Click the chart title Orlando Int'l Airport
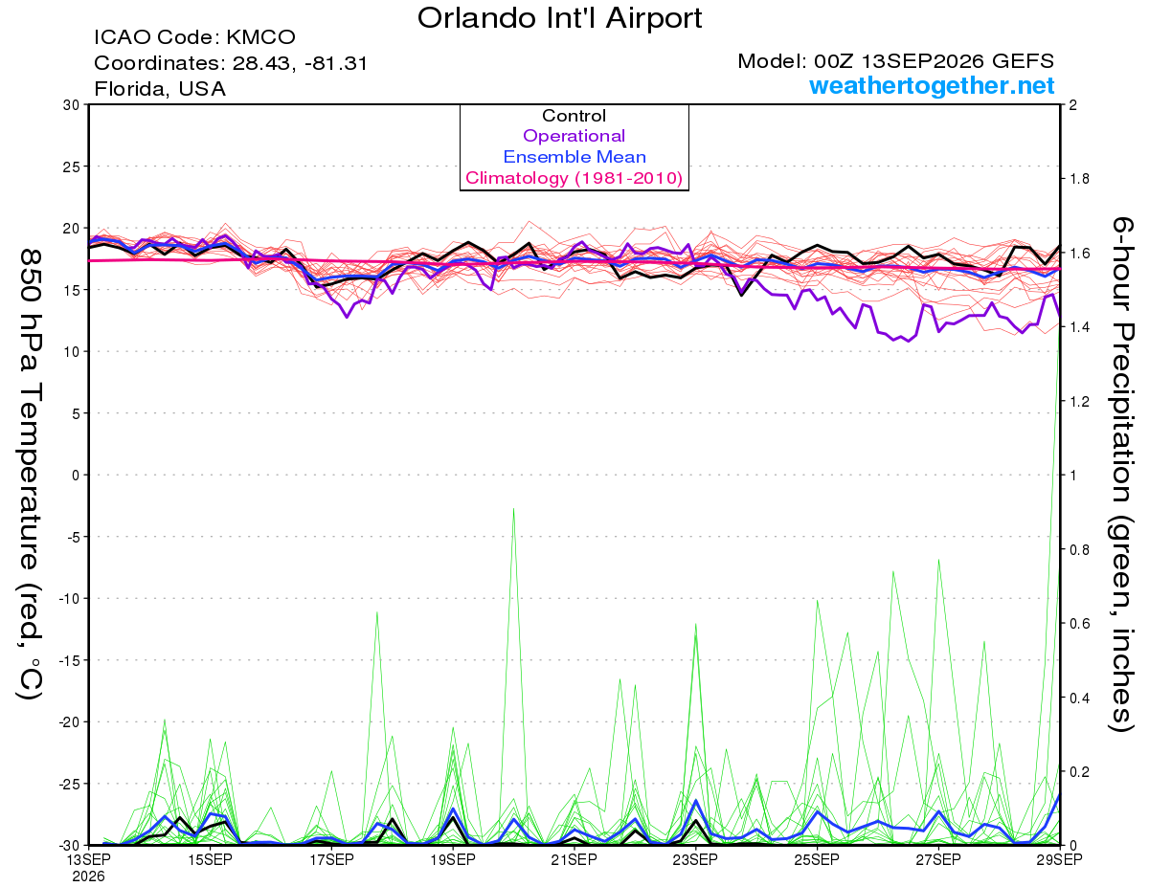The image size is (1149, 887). pos(559,18)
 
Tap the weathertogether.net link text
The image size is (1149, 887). pos(932,85)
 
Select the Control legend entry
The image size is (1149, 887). pos(574,116)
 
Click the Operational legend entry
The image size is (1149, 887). pos(574,136)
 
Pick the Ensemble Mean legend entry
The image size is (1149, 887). pos(574,157)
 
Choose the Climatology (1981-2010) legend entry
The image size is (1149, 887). pos(574,178)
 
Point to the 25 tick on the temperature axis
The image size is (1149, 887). pos(72,166)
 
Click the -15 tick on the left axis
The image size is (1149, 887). pos(69,660)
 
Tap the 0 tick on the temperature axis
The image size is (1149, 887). pos(76,475)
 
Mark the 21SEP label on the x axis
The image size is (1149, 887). pos(574,859)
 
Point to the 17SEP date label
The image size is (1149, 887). pos(331,859)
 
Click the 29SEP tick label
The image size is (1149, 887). pos(1059,859)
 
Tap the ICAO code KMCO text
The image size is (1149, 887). pos(194,37)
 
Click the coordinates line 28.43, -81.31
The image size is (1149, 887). pos(231,63)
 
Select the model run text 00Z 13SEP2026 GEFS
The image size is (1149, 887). pos(895,61)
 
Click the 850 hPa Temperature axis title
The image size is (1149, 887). pos(30,475)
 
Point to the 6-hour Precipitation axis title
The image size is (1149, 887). pos(1121,474)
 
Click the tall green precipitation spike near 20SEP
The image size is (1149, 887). pos(513,676)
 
